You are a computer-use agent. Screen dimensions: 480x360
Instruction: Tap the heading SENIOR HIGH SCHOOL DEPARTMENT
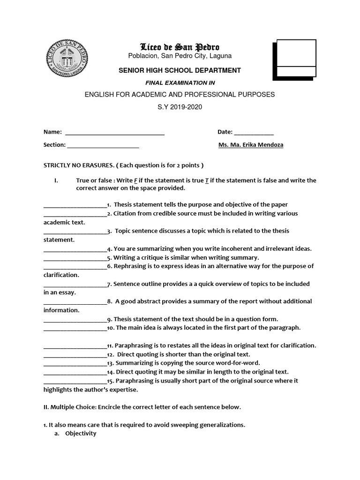tap(180, 70)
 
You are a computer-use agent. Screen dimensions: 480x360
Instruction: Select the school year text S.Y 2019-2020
tap(180, 107)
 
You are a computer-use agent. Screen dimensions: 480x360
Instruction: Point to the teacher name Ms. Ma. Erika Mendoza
tap(251, 145)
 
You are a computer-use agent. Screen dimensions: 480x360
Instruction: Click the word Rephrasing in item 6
tap(132, 266)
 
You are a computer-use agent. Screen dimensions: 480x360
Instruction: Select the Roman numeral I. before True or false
tap(56, 180)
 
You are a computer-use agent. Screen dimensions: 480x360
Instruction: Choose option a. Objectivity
tap(80, 434)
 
